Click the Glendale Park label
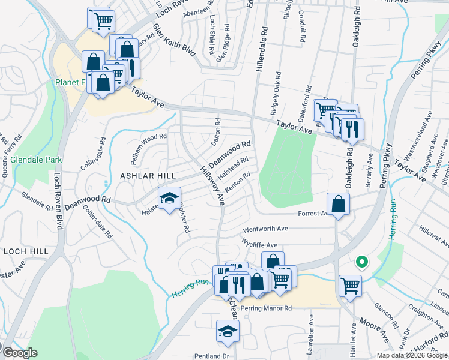click(36, 160)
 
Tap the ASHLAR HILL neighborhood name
click(147, 175)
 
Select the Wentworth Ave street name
click(265, 229)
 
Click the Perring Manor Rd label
click(265, 308)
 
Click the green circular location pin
click(361, 262)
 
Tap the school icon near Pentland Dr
click(228, 332)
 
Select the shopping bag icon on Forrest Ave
click(339, 204)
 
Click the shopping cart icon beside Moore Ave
click(351, 286)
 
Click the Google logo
click(19, 353)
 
